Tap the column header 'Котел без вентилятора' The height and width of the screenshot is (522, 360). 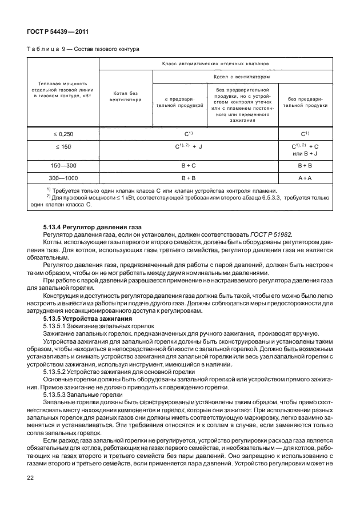[x=125, y=95]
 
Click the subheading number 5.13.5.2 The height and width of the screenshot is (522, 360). [x=56, y=372]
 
